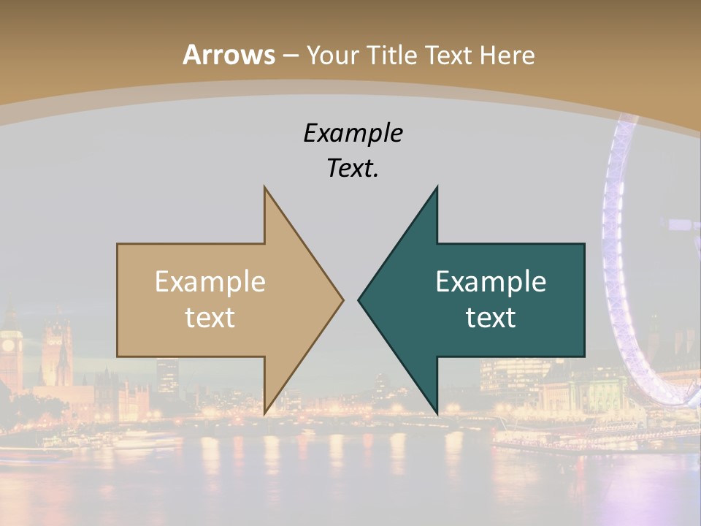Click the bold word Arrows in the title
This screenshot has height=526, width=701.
click(229, 55)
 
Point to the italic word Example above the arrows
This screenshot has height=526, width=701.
click(353, 133)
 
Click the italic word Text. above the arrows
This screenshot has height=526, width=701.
click(353, 169)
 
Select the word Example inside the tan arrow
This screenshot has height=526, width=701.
click(210, 282)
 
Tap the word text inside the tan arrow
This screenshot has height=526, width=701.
click(210, 317)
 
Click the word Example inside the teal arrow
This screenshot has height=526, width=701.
click(491, 282)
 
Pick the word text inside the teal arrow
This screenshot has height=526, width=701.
click(491, 317)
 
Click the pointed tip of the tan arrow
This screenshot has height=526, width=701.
click(342, 300)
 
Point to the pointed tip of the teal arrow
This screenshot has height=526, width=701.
click(359, 300)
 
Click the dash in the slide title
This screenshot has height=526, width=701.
click(290, 56)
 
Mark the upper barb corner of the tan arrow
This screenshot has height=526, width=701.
click(264, 188)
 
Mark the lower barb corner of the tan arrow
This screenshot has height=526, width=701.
click(264, 413)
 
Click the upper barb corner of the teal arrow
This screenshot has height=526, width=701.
click(437, 188)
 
